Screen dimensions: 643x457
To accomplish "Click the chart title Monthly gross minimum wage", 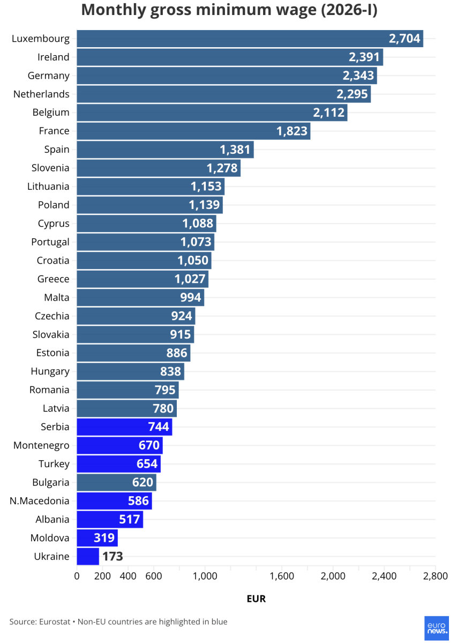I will point(229,11).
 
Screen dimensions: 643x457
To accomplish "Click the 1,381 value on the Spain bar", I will point(235,149).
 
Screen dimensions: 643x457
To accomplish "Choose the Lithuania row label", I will point(48,186).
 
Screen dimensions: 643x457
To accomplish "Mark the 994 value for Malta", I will point(191,297).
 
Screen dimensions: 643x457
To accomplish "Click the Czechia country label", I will point(52,316).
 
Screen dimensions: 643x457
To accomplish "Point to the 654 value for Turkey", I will point(147,464).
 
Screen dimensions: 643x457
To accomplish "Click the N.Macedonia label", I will point(40,501).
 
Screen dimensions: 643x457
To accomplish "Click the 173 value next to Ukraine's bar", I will point(113,556).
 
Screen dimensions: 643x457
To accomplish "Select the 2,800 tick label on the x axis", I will point(435,576).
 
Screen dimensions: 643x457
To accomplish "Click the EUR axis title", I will point(256,599).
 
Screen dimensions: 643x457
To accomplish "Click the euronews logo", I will point(436,627).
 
